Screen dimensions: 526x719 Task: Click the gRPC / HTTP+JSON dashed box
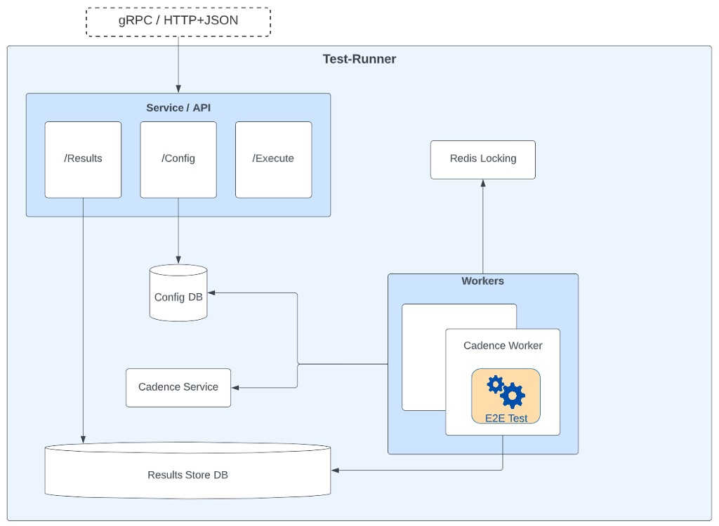click(x=178, y=21)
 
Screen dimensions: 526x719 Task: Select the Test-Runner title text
click(x=359, y=59)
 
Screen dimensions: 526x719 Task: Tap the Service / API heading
click(x=178, y=107)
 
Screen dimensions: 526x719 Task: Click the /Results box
click(x=83, y=159)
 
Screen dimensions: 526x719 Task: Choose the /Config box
click(x=178, y=159)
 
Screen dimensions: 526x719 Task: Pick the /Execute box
click(x=273, y=159)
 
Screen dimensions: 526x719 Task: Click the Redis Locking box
click(x=482, y=159)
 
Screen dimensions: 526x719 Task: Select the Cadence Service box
click(x=178, y=387)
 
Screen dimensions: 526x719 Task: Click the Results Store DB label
click(x=187, y=475)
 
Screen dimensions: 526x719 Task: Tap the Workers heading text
click(x=482, y=281)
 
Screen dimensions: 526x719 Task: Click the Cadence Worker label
click(x=503, y=346)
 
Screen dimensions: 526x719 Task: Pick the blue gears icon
click(x=506, y=391)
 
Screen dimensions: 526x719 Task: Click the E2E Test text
click(x=506, y=418)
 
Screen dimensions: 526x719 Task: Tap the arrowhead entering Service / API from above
click(x=178, y=89)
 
